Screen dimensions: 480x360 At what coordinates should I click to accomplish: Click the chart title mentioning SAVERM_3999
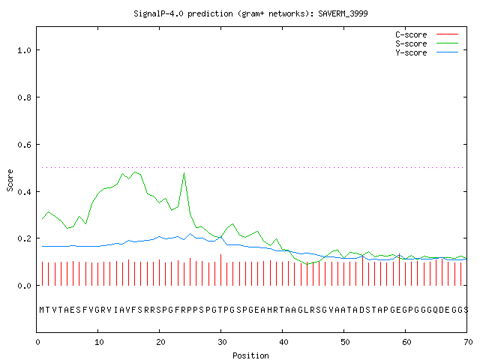(x=250, y=13)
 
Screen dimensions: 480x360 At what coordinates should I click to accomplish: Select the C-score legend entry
(x=427, y=34)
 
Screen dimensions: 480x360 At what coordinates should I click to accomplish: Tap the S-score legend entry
(x=427, y=43)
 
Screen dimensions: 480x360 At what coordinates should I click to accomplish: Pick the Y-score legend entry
(x=427, y=52)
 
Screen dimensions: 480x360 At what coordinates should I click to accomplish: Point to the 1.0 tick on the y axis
(x=24, y=50)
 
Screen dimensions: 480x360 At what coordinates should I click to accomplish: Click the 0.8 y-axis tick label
(x=24, y=97)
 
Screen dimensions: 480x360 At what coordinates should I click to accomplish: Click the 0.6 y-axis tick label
(x=24, y=145)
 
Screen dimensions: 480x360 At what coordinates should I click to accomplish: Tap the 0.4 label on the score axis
(x=24, y=192)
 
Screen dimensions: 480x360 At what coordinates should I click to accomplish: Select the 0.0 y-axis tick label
(x=24, y=286)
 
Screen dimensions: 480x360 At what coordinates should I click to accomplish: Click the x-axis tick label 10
(x=98, y=342)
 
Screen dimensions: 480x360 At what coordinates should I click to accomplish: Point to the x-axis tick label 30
(x=222, y=342)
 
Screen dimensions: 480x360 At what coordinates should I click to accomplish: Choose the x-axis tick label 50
(x=345, y=342)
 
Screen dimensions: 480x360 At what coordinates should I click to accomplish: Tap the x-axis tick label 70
(x=468, y=342)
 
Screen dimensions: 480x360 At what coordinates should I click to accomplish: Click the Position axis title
(x=250, y=355)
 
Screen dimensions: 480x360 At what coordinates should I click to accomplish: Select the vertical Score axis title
(x=10, y=180)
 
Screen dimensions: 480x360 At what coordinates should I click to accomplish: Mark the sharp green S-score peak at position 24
(x=184, y=173)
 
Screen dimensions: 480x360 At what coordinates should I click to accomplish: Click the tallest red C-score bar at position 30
(x=220, y=270)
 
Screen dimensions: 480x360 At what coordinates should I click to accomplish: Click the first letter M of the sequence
(x=42, y=310)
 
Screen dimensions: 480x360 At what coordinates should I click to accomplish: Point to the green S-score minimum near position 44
(x=307, y=263)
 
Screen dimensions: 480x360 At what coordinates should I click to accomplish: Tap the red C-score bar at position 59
(x=399, y=269)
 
